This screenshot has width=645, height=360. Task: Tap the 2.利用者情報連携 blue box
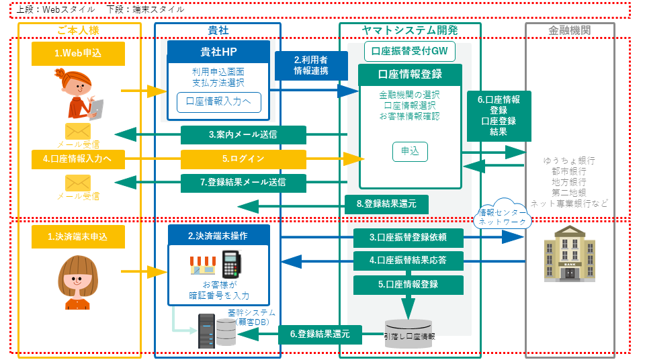coord(311,65)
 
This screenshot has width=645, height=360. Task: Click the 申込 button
coord(410,152)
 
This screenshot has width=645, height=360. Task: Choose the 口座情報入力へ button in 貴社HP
coord(218,102)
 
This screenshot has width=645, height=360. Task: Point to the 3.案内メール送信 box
coord(243,135)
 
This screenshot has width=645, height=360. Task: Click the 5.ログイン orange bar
coord(243,159)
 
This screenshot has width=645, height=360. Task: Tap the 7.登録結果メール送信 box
coord(243,182)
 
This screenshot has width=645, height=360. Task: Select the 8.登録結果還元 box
coord(386,204)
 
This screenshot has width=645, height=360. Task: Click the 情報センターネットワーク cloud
coord(503,214)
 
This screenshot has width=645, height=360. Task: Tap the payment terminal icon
coord(232,264)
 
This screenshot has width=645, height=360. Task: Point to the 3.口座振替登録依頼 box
coord(408,237)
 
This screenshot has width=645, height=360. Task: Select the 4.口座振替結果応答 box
coord(408,260)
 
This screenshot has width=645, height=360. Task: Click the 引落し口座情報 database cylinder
coord(408,333)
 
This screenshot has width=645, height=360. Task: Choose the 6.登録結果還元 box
coord(320,334)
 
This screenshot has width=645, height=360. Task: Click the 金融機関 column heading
coord(570,31)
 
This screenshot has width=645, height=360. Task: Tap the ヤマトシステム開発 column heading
coord(410,31)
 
